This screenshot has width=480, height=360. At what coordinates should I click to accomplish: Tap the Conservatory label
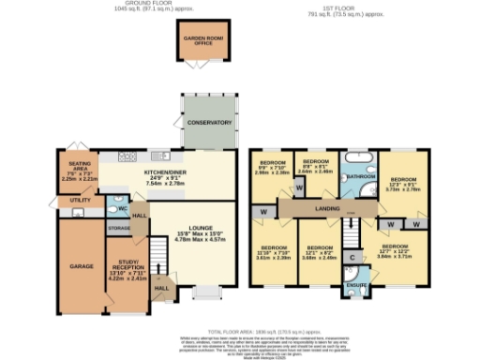[207, 123]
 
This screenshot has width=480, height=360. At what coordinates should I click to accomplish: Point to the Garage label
[81, 266]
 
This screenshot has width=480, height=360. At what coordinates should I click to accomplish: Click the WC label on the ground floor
[122, 210]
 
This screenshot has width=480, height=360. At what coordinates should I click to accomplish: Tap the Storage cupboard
[119, 227]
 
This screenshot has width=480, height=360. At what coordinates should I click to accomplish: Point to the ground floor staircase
[158, 251]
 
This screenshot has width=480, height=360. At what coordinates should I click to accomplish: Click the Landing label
[326, 208]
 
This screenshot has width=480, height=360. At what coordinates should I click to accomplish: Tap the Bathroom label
[358, 176]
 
